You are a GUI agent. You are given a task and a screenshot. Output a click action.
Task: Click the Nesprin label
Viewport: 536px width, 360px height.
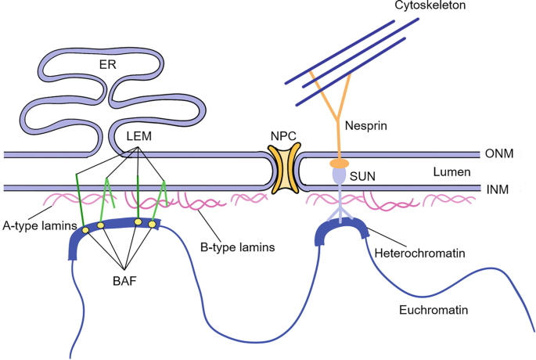(x=365, y=124)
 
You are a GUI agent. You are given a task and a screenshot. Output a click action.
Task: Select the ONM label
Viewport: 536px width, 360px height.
(x=498, y=154)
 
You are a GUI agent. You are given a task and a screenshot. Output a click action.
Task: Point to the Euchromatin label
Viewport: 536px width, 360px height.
(x=439, y=310)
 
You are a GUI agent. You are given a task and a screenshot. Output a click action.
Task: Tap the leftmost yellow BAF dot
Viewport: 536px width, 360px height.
(x=79, y=231)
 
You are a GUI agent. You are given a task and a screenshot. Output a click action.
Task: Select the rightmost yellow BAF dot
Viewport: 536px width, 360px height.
(x=153, y=224)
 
